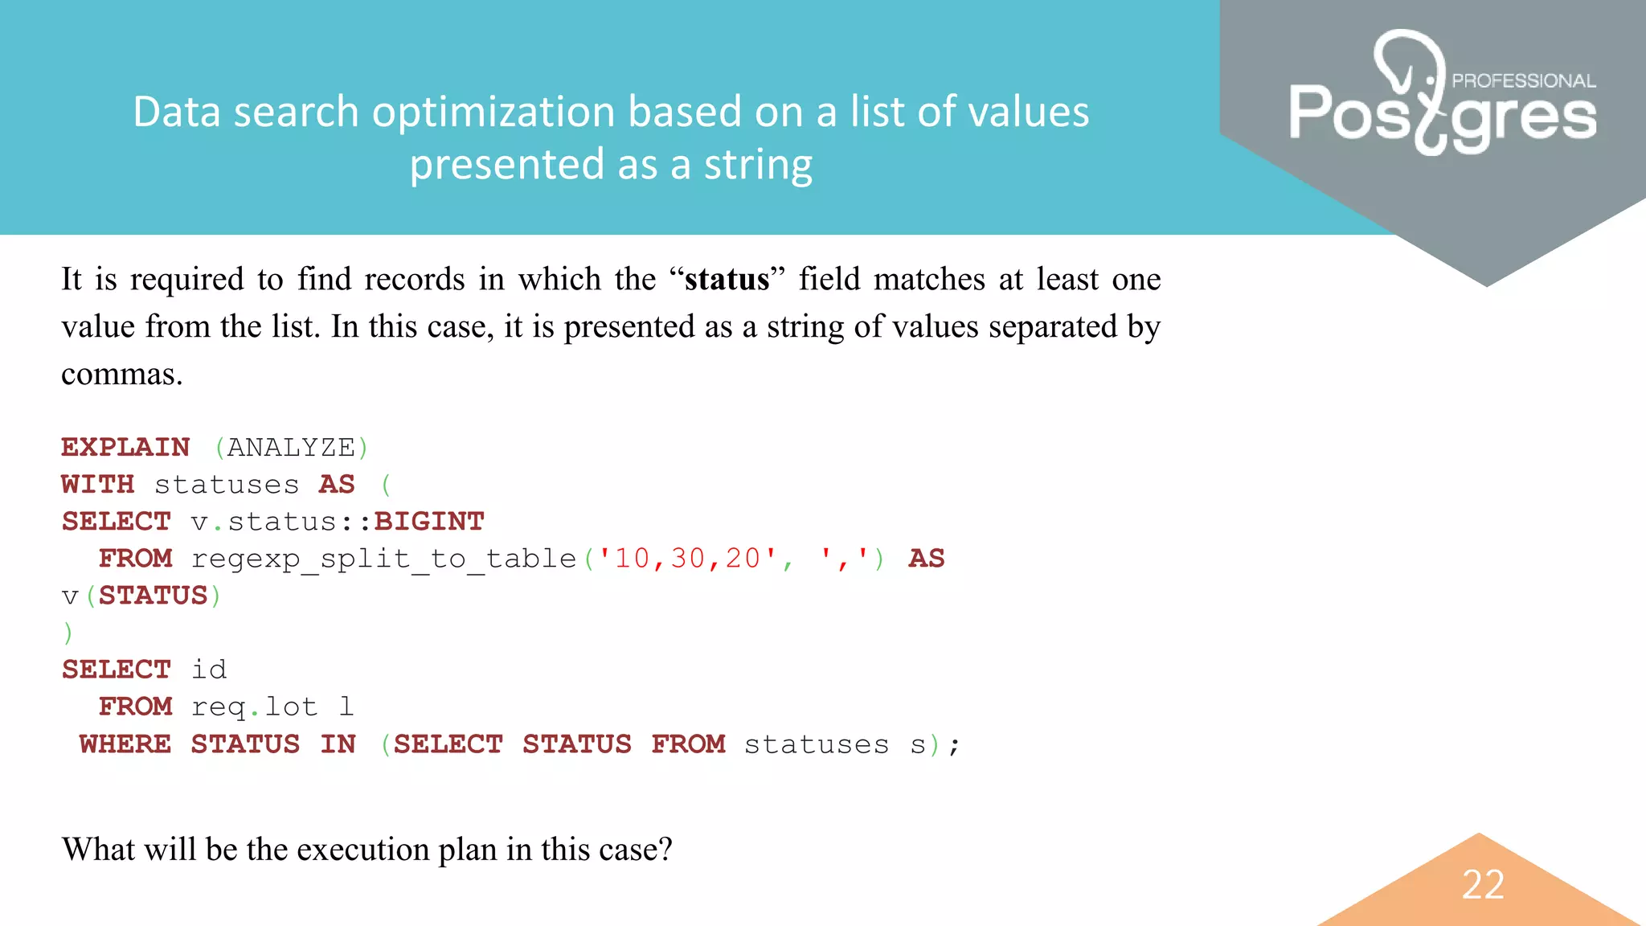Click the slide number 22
click(x=1483, y=884)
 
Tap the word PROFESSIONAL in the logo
click(x=1523, y=80)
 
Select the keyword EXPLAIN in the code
click(x=125, y=447)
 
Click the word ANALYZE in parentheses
click(x=291, y=447)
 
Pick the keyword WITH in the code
click(x=97, y=484)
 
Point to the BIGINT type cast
click(x=429, y=521)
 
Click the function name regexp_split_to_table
click(x=384, y=558)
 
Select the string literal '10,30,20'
click(x=687, y=558)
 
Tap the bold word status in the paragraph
click(x=727, y=279)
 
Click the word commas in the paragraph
click(x=121, y=374)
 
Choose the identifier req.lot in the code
click(x=254, y=707)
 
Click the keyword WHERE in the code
click(x=125, y=744)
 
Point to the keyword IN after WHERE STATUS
click(x=338, y=744)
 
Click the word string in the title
click(x=758, y=164)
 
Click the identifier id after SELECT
click(x=209, y=670)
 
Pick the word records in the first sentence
click(x=414, y=279)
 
